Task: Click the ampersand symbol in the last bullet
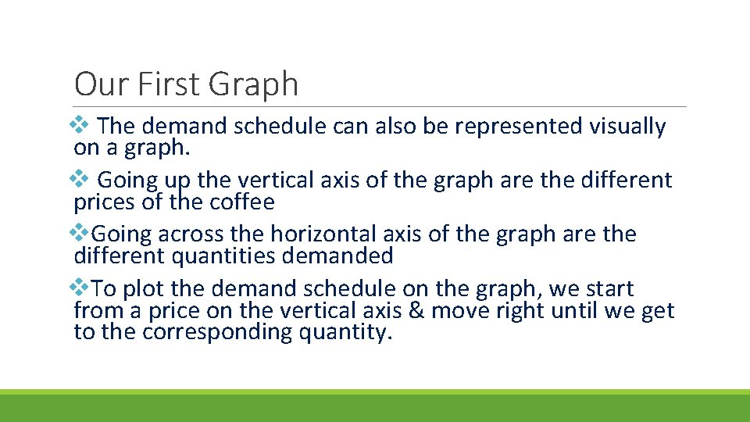416,311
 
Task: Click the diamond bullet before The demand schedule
80,124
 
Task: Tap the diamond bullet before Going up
80,179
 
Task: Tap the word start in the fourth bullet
609,289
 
